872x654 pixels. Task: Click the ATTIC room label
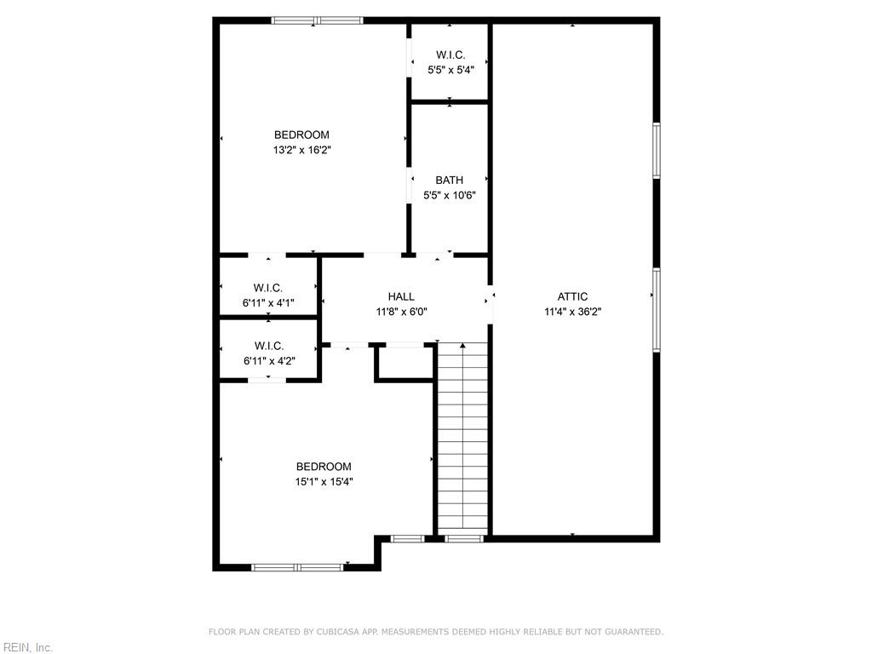tap(572, 296)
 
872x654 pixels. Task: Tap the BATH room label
tap(449, 180)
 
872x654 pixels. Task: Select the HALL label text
tap(401, 296)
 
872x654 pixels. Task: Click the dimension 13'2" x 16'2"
tap(301, 150)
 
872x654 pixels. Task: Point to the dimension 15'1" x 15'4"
tap(324, 482)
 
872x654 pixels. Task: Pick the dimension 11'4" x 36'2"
tap(572, 312)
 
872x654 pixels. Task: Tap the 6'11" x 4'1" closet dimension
tap(267, 303)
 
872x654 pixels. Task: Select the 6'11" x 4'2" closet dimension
tap(268, 360)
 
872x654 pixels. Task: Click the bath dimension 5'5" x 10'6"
tap(449, 195)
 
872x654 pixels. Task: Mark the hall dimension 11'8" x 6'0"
tap(401, 312)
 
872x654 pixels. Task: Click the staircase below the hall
tap(462, 443)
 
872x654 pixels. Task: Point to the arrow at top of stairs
tap(462, 347)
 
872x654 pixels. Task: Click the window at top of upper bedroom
tap(317, 20)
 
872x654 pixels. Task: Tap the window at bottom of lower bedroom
tap(298, 566)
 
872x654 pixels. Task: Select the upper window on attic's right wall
tap(657, 151)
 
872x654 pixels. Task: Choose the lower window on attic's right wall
tap(657, 310)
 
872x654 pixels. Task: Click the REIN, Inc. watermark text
tap(26, 648)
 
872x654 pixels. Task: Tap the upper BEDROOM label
tap(301, 135)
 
